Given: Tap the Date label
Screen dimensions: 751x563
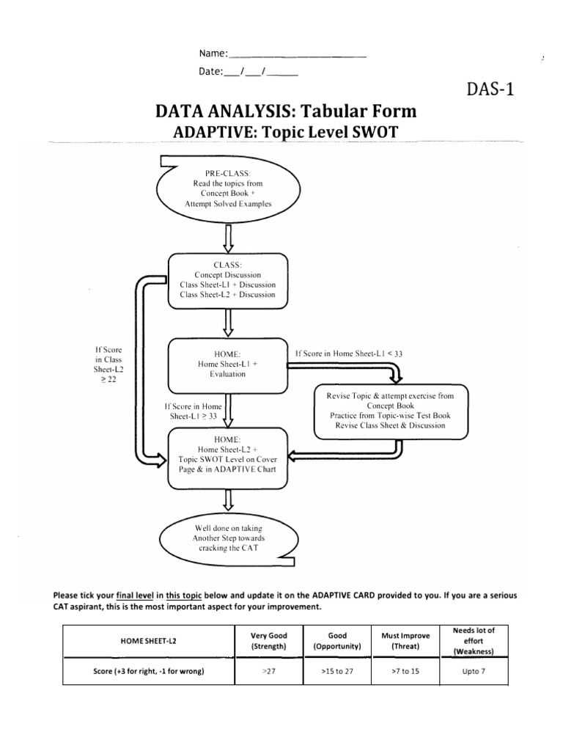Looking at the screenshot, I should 210,71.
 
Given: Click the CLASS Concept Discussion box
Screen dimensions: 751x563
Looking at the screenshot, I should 228,279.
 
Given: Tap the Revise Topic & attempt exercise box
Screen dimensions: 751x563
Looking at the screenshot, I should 390,410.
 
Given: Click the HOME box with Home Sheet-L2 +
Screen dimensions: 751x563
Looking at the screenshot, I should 228,458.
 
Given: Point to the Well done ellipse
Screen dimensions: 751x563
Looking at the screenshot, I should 228,538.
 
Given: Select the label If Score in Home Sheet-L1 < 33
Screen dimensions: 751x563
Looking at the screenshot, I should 348,353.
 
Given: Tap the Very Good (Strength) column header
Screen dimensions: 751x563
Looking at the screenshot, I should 263,640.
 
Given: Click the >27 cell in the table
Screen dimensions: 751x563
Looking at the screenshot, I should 263,672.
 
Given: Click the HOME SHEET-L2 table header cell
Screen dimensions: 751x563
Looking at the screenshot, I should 147,640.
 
